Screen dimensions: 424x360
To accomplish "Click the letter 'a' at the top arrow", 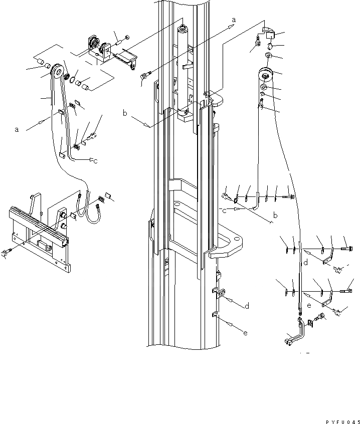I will point(234,20).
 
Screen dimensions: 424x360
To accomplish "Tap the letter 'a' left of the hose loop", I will point(17,129).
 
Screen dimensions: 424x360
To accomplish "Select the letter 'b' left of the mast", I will point(125,114).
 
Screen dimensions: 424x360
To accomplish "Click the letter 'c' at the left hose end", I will point(95,160).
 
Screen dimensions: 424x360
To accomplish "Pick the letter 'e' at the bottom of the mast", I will point(245,333).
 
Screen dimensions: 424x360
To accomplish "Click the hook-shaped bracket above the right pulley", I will point(269,33).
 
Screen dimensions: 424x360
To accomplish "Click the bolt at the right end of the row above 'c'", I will point(290,197).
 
